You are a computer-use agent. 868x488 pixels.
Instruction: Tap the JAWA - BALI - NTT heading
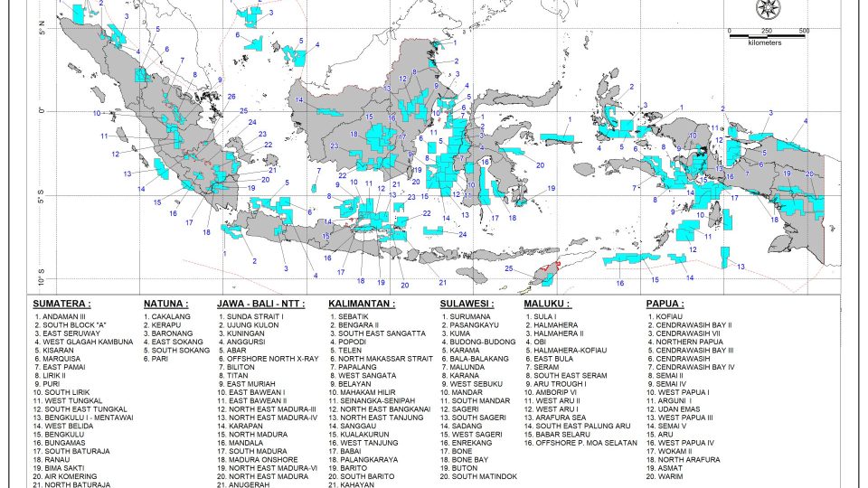pos(260,304)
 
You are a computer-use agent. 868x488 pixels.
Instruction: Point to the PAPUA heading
pos(665,304)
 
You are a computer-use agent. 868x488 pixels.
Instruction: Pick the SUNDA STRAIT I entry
pos(256,317)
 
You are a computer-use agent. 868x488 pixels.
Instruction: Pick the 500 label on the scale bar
pos(804,31)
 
